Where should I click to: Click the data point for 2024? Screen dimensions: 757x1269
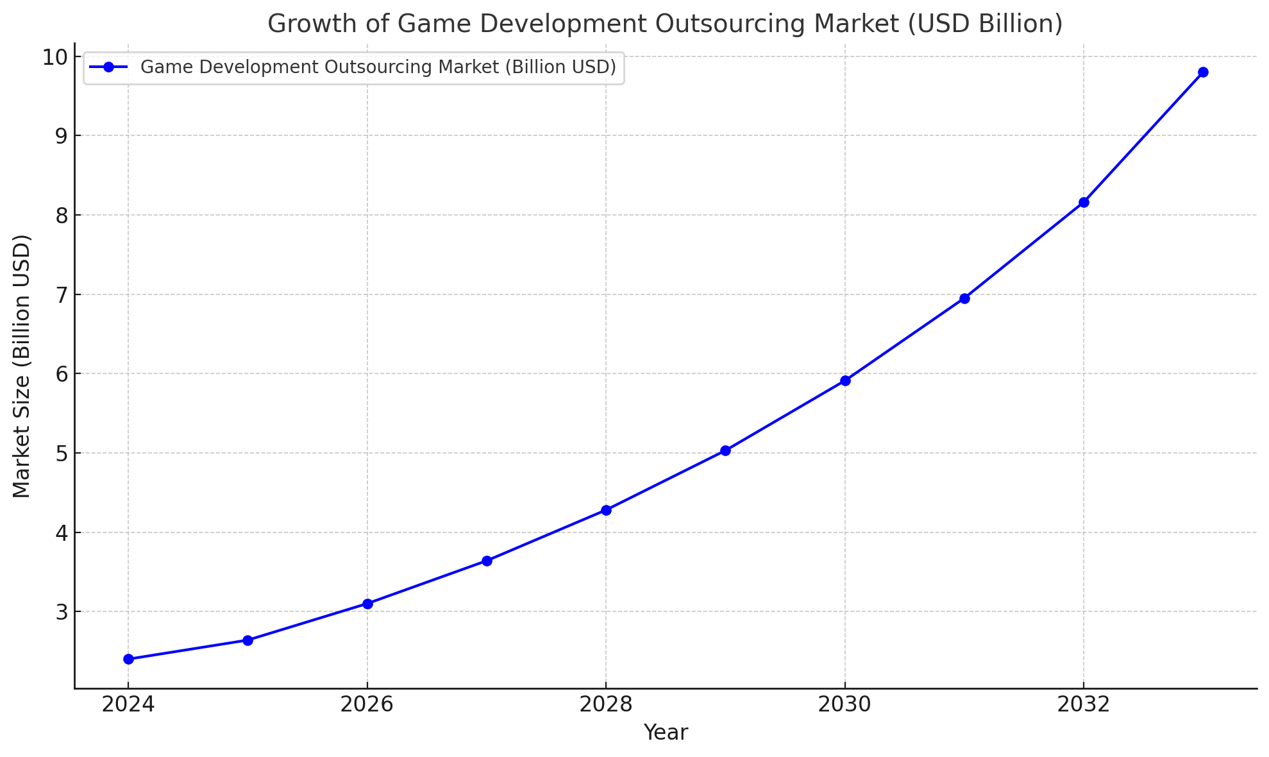pos(128,659)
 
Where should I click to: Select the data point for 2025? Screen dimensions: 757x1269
pos(248,640)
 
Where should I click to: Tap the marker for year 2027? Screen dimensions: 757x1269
pos(487,561)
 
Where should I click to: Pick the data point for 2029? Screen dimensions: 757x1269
pos(725,450)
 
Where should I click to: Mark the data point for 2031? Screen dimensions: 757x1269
pos(964,298)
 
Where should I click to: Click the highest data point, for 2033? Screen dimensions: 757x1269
pos(1203,72)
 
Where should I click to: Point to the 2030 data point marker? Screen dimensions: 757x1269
pos(845,380)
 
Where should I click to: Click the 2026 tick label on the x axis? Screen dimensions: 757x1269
pos(367,705)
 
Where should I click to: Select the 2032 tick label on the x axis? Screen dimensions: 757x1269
pos(1084,705)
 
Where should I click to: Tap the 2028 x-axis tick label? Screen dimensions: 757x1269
pos(606,705)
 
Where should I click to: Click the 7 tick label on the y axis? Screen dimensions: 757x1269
pos(61,295)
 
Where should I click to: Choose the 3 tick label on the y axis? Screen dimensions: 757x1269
pos(61,612)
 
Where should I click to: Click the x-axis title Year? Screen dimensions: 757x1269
pos(666,733)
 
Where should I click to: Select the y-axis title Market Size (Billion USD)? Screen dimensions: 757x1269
pos(22,366)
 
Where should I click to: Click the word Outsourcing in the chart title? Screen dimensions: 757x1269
pos(730,24)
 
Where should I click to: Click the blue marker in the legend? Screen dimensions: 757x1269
pos(108,67)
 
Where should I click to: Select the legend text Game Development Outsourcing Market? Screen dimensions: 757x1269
pos(321,67)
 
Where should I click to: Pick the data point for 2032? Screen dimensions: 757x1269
pos(1084,202)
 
